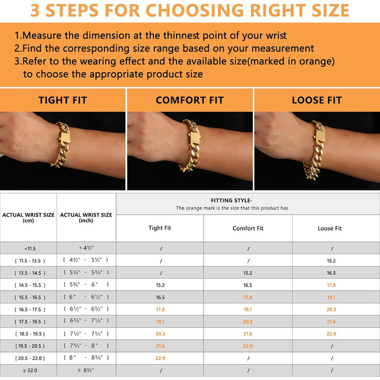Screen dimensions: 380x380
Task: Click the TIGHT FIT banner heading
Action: click(62, 100)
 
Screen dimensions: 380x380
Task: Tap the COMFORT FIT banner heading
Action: click(189, 100)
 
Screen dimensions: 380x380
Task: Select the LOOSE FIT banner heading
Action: click(316, 100)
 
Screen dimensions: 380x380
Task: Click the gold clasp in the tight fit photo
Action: click(65, 137)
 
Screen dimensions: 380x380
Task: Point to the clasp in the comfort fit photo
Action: click(195, 138)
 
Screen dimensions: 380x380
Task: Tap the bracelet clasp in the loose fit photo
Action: click(320, 137)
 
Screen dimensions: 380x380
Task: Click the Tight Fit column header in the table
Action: click(160, 228)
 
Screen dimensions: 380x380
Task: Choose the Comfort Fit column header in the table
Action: click(248, 229)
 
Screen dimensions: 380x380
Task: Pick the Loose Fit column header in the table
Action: click(330, 229)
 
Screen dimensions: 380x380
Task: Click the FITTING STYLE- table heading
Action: click(231, 200)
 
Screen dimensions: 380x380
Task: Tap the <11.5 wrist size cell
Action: click(30, 249)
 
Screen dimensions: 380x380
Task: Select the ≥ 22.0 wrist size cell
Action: click(30, 370)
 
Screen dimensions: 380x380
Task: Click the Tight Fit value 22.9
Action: click(160, 358)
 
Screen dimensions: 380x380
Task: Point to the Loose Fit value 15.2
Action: click(331, 261)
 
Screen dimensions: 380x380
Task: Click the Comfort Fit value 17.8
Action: click(248, 297)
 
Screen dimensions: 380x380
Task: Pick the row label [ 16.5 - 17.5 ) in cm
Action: click(30, 309)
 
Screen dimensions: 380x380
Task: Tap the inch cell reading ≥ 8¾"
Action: click(86, 370)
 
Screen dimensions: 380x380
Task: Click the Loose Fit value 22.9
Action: click(331, 334)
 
